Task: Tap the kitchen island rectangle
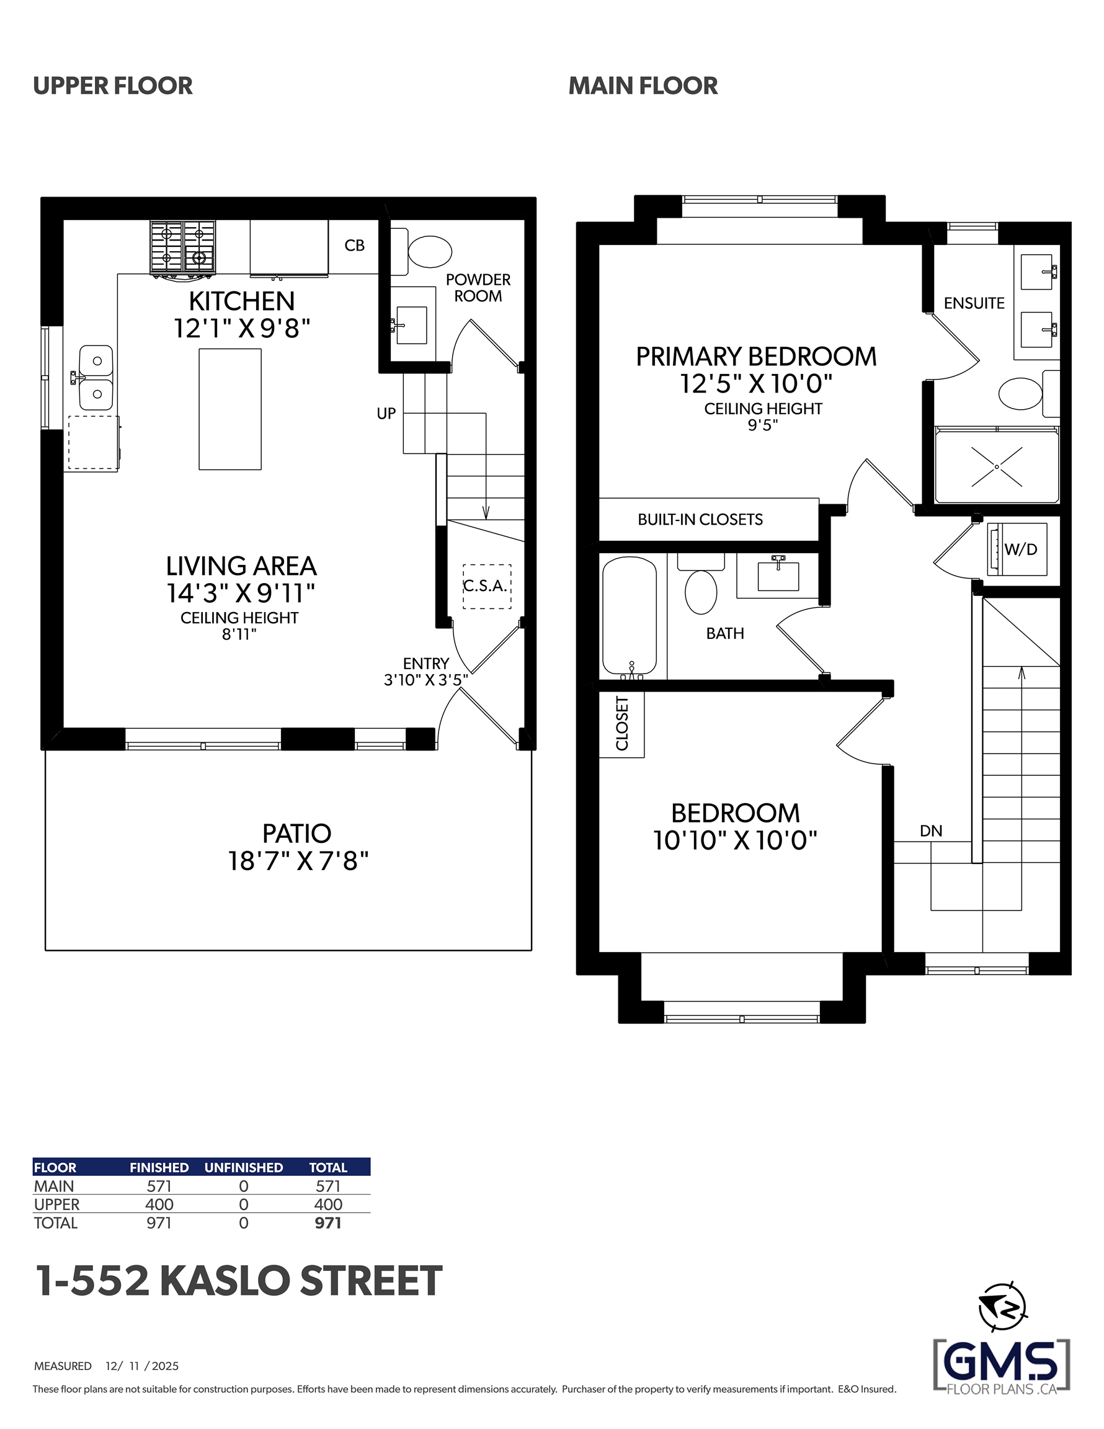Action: [229, 409]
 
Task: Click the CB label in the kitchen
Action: [355, 246]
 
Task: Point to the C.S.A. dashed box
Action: [487, 586]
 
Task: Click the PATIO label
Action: [297, 834]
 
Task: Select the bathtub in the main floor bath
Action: [630, 616]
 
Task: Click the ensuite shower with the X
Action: [997, 465]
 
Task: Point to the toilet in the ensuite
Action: [1028, 393]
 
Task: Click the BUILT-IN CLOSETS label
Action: [700, 520]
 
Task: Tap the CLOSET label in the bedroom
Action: [622, 724]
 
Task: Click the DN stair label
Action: [931, 831]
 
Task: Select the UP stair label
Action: [386, 414]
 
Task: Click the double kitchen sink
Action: [96, 378]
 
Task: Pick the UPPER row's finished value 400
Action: [159, 1204]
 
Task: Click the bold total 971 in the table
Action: [328, 1223]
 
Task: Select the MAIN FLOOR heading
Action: [643, 86]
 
